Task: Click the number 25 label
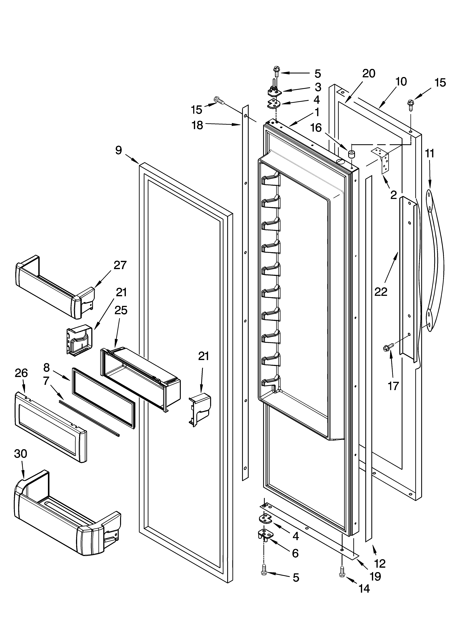[x=121, y=310]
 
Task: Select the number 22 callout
[x=381, y=292]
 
